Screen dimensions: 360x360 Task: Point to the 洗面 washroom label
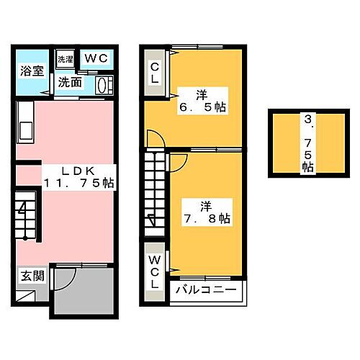[x=70, y=82]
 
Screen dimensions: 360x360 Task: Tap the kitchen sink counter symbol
[x=24, y=124]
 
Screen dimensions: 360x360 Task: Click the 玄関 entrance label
[x=30, y=276]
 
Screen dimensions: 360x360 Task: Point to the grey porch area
[x=85, y=292]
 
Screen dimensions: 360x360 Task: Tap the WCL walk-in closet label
[x=154, y=271]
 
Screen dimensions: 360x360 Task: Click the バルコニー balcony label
[x=207, y=289]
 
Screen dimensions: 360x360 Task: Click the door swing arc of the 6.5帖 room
[x=153, y=138]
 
